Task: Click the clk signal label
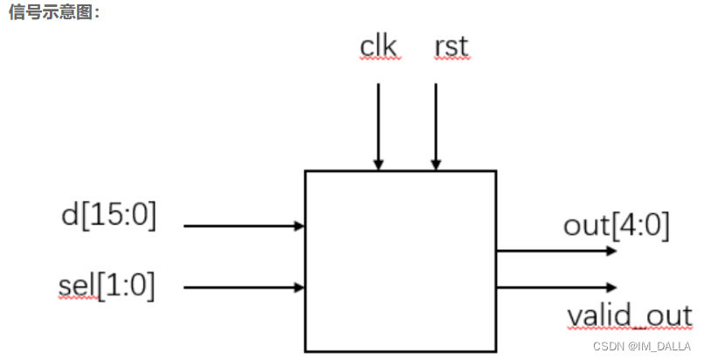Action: (379, 46)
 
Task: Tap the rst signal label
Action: (451, 46)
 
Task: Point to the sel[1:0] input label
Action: (107, 285)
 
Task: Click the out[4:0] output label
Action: (616, 225)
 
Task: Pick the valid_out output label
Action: (629, 315)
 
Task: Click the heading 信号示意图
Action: (54, 13)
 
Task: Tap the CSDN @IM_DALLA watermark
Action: (643, 346)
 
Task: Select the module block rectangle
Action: (400, 261)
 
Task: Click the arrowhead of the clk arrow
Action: (378, 164)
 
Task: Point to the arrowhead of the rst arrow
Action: (436, 164)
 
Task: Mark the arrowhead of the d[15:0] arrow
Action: (299, 225)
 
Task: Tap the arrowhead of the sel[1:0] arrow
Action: (299, 287)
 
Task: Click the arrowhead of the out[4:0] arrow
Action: (611, 251)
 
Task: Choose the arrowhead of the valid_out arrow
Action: (611, 287)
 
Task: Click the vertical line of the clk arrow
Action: (378, 122)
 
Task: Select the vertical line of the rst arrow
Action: (436, 122)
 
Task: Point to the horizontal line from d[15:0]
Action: (240, 225)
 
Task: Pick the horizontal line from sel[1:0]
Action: (240, 287)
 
